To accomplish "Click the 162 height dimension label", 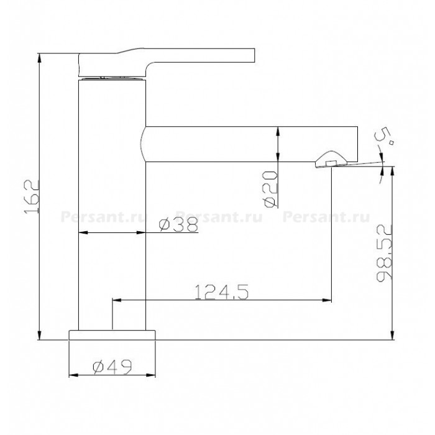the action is pos(31,196).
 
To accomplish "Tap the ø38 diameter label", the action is pos(178,224).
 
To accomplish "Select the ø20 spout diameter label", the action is pos(270,189).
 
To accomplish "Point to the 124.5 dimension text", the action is pos(221,292).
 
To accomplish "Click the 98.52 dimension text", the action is pos(384,253).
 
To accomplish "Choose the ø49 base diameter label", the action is pos(112,367).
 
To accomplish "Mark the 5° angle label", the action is pos(384,136).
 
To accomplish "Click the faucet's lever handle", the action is pos(167,62).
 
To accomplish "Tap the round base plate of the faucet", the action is pos(112,335).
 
